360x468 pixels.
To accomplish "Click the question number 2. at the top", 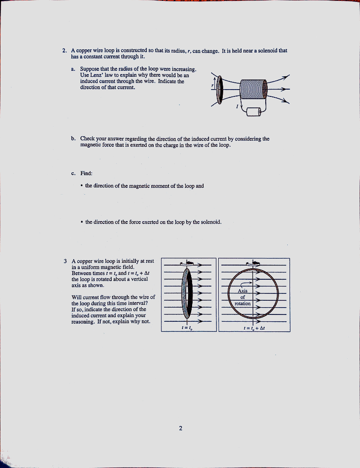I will click(x=64, y=51).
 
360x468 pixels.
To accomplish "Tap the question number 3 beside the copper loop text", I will click(x=65, y=261).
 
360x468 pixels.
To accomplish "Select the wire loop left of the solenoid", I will click(x=220, y=90).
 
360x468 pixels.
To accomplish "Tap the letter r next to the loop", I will click(x=212, y=85).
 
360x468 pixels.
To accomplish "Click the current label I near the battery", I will click(x=237, y=107).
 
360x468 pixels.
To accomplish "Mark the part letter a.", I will click(x=73, y=69).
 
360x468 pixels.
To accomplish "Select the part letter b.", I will click(x=73, y=139).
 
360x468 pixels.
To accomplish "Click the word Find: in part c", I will click(x=86, y=173).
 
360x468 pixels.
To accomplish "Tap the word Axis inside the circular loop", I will click(x=242, y=291).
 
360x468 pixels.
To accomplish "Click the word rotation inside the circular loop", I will click(x=242, y=303).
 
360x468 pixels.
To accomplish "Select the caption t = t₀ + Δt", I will click(x=254, y=328).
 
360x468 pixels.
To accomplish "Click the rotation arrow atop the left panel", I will click(x=187, y=262).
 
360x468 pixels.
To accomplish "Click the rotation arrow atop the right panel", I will click(x=253, y=262).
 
